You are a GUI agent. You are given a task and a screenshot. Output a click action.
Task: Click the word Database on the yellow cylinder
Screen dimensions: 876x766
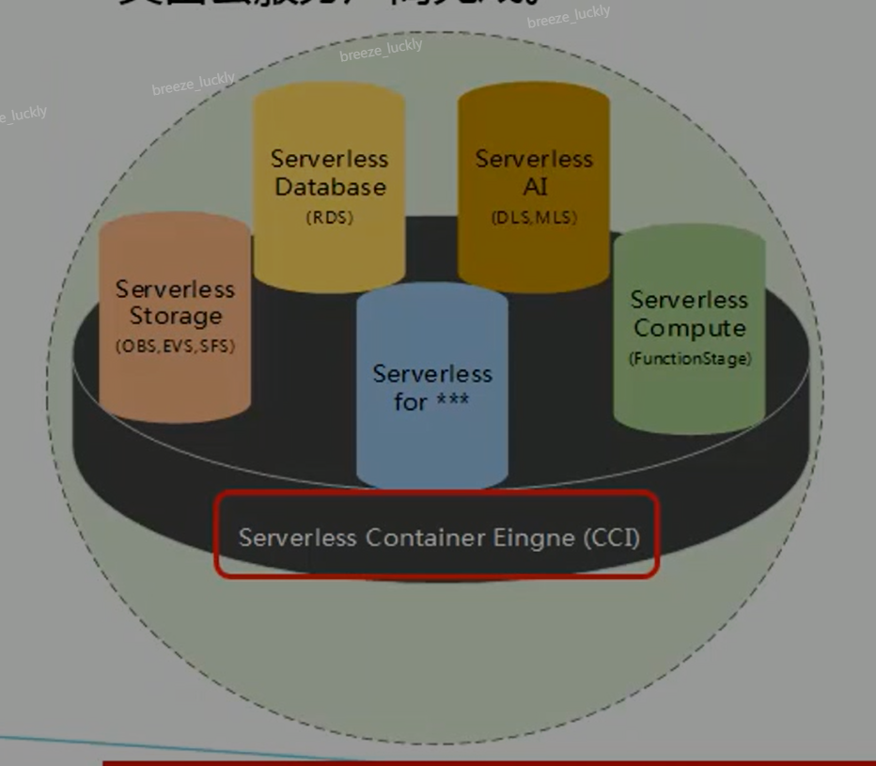[329, 187]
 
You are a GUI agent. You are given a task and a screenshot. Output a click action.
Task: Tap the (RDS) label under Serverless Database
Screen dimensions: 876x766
[329, 217]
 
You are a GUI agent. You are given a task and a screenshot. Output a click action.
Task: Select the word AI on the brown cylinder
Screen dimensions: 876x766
[534, 187]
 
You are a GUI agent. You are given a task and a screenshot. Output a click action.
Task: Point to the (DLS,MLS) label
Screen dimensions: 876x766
[534, 217]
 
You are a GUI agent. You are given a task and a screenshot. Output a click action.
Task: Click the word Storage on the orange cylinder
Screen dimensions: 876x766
[176, 317]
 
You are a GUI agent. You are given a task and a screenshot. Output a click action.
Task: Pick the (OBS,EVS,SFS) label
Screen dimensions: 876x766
[176, 346]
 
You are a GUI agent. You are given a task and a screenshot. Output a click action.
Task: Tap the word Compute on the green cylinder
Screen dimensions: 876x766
[689, 329]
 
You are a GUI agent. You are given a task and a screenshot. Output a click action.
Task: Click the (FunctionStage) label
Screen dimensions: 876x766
[689, 358]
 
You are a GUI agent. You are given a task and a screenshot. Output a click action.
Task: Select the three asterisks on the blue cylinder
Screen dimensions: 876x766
[452, 402]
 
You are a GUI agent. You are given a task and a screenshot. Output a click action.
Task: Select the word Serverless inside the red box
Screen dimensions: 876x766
[297, 538]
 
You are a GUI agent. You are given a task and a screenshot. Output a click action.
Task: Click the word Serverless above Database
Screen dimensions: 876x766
[329, 159]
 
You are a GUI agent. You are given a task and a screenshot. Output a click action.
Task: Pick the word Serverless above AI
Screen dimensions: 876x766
[534, 159]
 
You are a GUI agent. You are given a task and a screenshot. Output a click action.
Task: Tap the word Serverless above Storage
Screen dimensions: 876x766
[176, 289]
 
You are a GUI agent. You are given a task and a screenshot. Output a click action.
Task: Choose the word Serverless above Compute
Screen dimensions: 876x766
[689, 300]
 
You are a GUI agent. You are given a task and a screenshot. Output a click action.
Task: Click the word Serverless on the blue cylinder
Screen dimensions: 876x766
[431, 373]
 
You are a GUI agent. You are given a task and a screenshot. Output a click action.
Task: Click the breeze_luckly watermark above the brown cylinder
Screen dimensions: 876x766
[569, 16]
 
